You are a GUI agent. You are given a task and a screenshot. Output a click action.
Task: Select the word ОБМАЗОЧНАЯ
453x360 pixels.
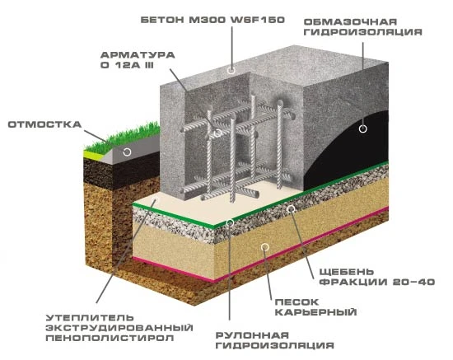[350, 22]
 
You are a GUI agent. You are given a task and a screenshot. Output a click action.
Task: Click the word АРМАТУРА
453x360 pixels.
[138, 55]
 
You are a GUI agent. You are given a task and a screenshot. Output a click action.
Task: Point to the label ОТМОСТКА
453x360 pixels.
[44, 124]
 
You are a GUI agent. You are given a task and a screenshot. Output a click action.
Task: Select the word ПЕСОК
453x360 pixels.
[297, 302]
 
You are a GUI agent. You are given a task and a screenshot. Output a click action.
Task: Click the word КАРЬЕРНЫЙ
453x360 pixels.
[315, 312]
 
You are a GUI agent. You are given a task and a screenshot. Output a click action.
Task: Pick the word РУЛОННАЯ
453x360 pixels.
[252, 335]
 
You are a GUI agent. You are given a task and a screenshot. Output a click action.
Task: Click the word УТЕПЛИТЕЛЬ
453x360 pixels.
[90, 318]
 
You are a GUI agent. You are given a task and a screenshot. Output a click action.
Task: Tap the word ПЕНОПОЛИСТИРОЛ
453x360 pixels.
[110, 338]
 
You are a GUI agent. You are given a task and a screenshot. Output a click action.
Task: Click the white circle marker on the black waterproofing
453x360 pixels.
[363, 129]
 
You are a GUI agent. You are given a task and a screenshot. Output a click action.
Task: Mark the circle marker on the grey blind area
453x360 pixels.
[127, 152]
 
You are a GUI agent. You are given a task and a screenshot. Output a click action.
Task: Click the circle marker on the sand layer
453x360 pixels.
[265, 247]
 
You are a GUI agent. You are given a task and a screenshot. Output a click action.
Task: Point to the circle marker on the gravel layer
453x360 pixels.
[292, 208]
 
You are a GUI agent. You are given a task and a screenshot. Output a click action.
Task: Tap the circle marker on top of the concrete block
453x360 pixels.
[231, 70]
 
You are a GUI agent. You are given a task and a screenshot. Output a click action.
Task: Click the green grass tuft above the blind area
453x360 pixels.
[124, 138]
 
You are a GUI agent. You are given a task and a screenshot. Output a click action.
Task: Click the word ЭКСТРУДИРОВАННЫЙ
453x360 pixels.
[119, 328]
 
